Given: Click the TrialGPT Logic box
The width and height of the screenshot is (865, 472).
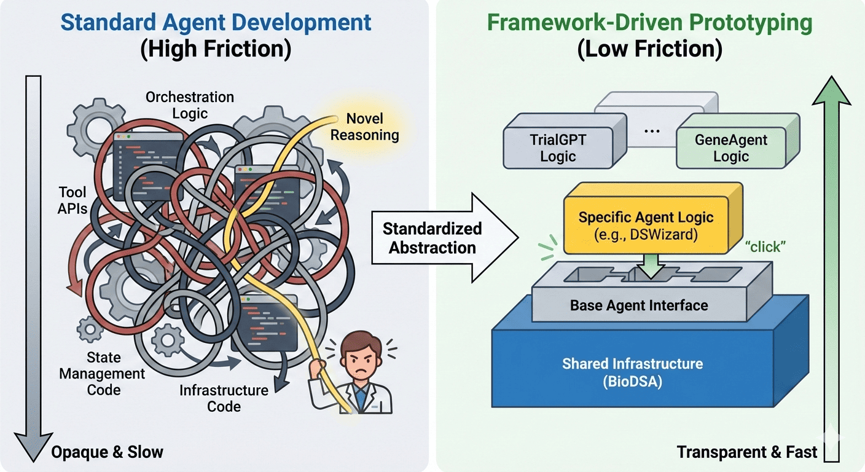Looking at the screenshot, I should tap(558, 147).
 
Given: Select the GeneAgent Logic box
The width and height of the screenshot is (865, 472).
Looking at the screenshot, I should tap(730, 147).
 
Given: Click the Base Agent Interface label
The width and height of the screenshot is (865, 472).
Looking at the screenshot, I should tap(639, 305).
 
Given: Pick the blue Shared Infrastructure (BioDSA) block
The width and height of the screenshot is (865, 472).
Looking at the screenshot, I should tap(632, 369).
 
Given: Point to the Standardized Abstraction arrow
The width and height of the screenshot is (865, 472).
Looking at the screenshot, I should tap(431, 238).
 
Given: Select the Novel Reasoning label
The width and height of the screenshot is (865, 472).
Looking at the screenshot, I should tap(364, 127).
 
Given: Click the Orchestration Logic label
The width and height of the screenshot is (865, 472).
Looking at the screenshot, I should tap(189, 105).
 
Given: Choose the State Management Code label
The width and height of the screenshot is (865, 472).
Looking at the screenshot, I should tap(103, 373).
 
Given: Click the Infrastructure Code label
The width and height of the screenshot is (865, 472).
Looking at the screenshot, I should tap(224, 398).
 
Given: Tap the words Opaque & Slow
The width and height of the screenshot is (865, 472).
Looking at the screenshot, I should tap(107, 453).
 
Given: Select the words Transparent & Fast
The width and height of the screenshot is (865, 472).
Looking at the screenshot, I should tap(747, 453).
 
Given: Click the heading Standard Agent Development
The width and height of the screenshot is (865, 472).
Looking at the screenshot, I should tap(216, 23).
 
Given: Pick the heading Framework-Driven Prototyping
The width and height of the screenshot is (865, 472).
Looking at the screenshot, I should tap(649, 23).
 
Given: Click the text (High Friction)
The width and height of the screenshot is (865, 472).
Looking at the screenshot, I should tap(216, 49).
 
